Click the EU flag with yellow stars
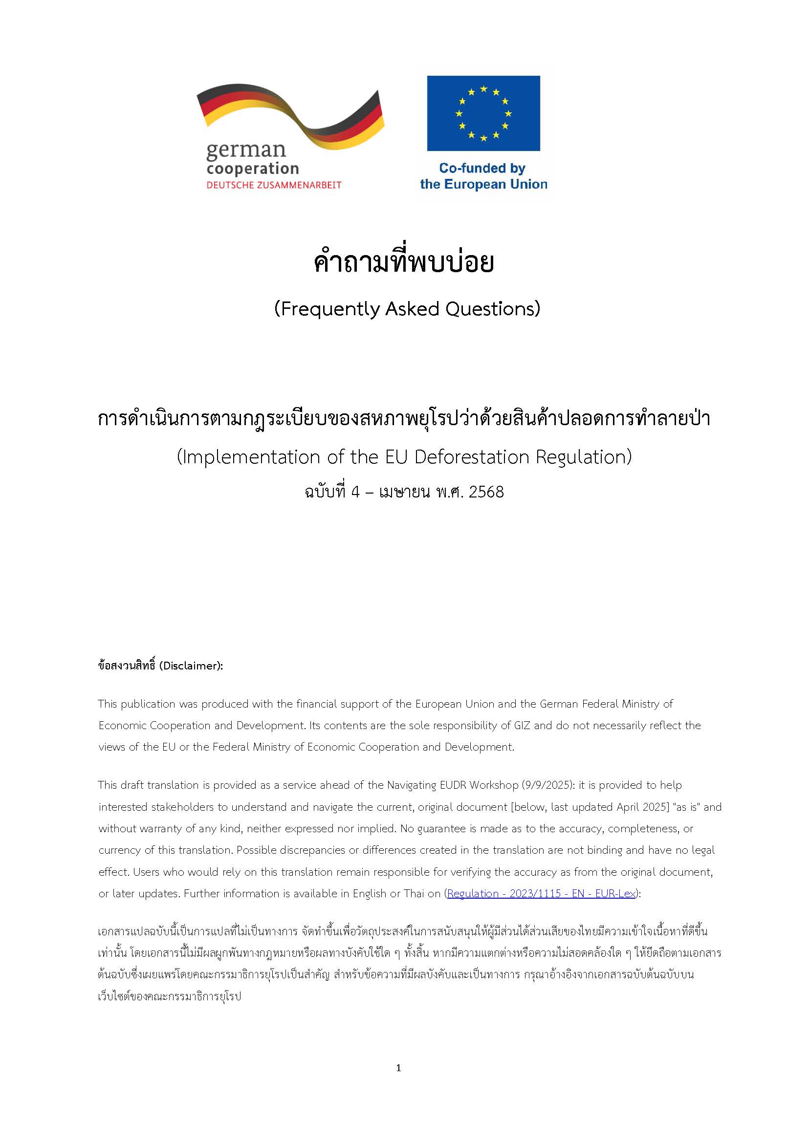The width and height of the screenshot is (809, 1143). point(483,113)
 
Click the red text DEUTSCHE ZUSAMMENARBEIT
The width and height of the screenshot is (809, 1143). point(274,185)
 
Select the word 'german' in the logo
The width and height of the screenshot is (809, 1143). point(245,150)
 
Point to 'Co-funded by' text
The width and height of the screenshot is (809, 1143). point(481,168)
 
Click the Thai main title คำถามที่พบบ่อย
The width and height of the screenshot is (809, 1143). point(403,262)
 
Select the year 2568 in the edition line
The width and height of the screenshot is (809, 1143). point(486,492)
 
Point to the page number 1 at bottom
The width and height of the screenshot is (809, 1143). point(398,1068)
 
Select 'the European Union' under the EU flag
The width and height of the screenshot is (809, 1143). point(483,184)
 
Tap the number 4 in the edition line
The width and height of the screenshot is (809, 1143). point(355,492)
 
